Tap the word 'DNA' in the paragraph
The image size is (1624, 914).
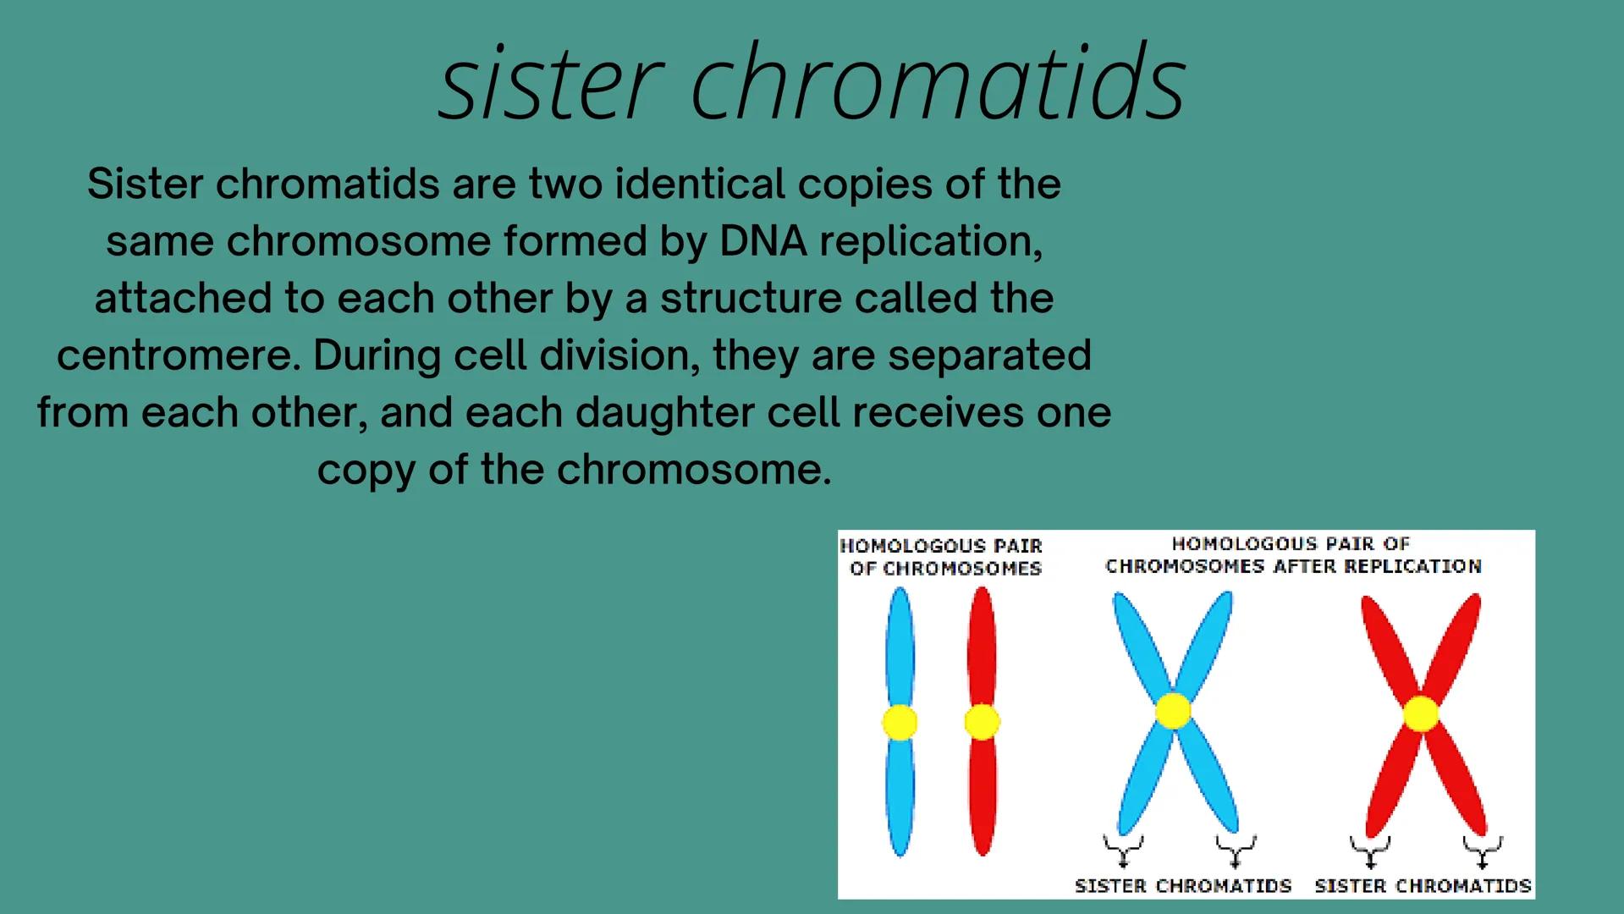762,241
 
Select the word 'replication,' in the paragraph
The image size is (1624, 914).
931,243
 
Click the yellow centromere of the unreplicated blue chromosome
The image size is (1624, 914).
900,723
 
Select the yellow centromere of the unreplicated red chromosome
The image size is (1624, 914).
982,722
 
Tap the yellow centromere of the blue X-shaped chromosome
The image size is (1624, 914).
1173,711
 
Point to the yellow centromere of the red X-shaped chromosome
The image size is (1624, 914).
1421,713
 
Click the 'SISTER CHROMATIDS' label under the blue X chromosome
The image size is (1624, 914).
1183,886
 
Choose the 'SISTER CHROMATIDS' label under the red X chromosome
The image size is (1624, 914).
1423,886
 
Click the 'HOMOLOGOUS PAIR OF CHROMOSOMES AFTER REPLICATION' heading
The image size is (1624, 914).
1293,554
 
